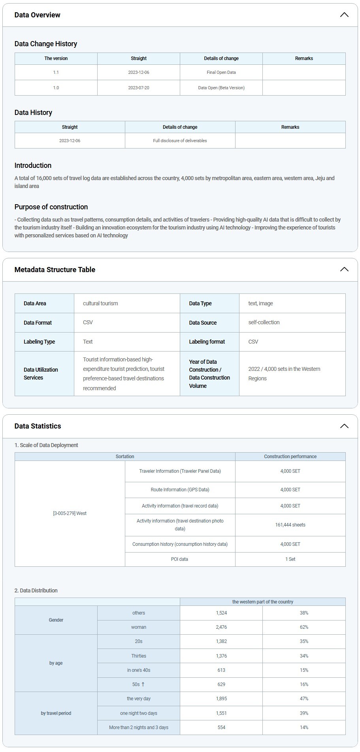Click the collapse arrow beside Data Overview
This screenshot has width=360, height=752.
click(344, 15)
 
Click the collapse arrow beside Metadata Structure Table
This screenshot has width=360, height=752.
click(344, 269)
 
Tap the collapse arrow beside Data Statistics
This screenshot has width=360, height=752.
click(344, 426)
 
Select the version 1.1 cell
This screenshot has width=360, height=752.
click(56, 72)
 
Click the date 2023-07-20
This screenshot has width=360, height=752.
click(139, 88)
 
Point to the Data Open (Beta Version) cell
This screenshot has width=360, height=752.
click(221, 88)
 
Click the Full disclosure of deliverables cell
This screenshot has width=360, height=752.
click(180, 141)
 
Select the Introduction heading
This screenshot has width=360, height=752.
click(33, 165)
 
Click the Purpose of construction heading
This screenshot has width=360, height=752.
click(51, 207)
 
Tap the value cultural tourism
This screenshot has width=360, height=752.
click(100, 303)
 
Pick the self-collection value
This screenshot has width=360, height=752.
click(264, 322)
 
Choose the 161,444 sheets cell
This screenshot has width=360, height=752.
click(290, 525)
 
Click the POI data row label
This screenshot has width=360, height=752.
click(179, 559)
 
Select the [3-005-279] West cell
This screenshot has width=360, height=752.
click(70, 513)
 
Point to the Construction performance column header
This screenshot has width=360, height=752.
click(290, 457)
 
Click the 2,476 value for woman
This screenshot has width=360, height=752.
click(221, 627)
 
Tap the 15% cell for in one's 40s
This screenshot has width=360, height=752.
click(303, 670)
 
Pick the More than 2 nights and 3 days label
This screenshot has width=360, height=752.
click(139, 728)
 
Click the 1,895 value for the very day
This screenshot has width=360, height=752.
click(221, 699)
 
